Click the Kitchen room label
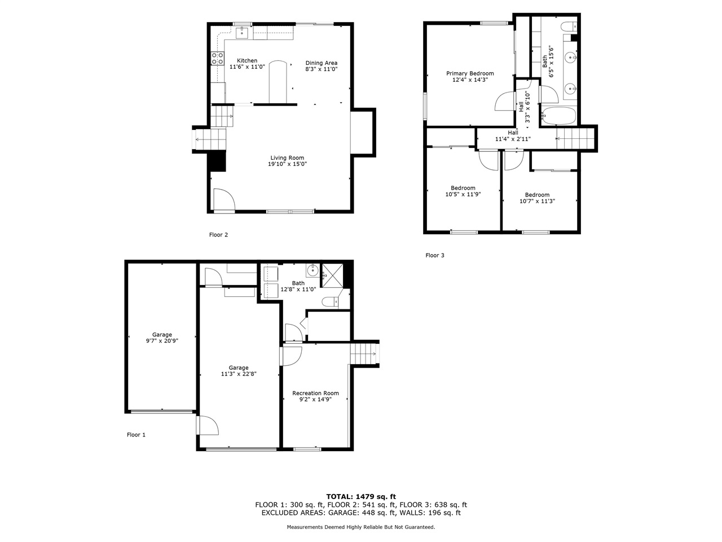(246, 60)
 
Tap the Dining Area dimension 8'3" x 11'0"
(322, 69)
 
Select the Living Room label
(287, 158)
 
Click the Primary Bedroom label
(470, 73)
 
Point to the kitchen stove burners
(217, 58)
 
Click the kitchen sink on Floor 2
(243, 33)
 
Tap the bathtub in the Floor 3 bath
(558, 117)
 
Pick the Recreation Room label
(315, 393)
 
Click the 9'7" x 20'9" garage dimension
(162, 341)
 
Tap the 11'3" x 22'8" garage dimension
(238, 374)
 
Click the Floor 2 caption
(218, 235)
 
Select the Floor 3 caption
(435, 255)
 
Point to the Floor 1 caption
(136, 435)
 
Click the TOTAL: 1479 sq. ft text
(361, 496)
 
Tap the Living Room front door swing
(223, 199)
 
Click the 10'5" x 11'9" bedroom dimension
(463, 194)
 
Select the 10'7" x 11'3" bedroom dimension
(537, 201)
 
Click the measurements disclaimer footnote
(361, 527)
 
